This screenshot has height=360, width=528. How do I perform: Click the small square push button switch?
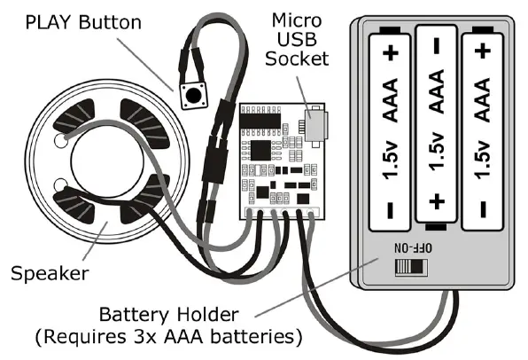[x=189, y=96]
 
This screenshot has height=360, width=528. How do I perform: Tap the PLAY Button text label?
[x=83, y=21]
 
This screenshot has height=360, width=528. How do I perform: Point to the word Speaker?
[x=50, y=273]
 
